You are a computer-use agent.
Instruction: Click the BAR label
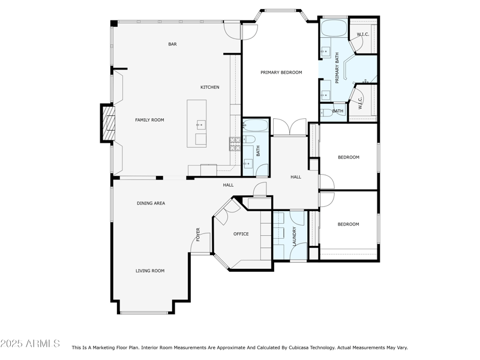[172, 44]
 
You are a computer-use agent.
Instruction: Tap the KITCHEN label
[209, 88]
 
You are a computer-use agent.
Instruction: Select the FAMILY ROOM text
[149, 120]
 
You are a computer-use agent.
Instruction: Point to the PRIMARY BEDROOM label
[281, 73]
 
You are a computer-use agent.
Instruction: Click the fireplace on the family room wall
[107, 124]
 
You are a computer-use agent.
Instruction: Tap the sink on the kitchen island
[200, 125]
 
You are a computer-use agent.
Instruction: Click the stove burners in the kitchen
[232, 143]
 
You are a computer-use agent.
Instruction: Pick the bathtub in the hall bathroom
[256, 126]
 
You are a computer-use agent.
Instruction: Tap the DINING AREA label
[151, 203]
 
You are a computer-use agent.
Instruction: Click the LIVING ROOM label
[149, 271]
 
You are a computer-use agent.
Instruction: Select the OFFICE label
[241, 234]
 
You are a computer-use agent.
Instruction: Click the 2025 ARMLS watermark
[30, 344]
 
